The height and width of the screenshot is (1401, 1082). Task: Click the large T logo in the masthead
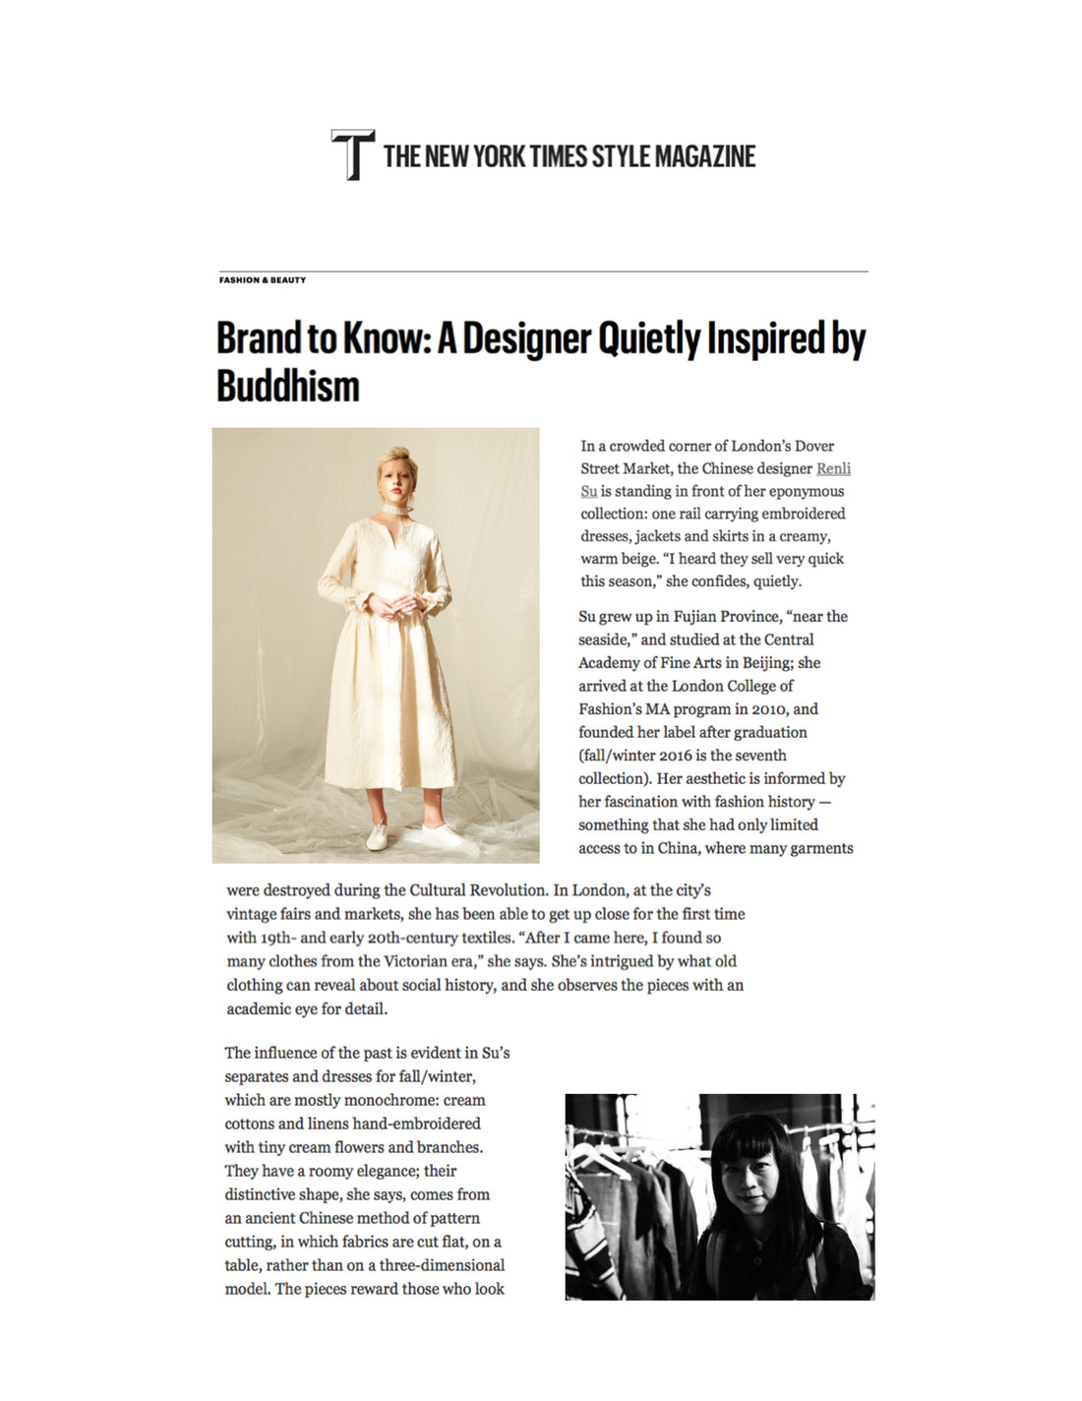click(352, 154)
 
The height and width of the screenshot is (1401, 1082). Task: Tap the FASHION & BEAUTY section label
click(263, 280)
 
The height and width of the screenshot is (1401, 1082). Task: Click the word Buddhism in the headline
click(288, 386)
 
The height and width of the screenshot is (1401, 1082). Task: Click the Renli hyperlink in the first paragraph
click(833, 468)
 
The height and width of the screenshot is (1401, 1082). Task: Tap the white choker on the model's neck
click(398, 511)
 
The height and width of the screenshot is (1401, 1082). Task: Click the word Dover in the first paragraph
click(813, 446)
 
